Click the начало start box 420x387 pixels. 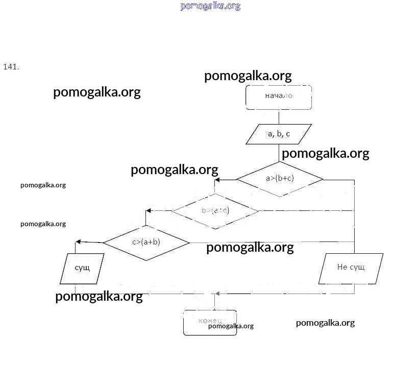click(279, 97)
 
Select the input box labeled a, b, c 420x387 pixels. click(279, 134)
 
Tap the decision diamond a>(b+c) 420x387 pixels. click(280, 179)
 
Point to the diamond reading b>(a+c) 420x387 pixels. click(215, 210)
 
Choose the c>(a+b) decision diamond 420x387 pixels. click(146, 242)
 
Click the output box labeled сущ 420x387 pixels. click(82, 269)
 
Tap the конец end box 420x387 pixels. click(210, 322)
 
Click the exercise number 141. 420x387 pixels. click(11, 67)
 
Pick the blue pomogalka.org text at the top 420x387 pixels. click(210, 6)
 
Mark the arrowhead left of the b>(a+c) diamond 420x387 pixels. click(149, 210)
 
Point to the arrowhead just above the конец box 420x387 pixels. click(217, 294)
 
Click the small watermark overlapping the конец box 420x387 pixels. click(231, 326)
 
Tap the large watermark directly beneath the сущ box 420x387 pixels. click(98, 297)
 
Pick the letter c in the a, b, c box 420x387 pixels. click(288, 134)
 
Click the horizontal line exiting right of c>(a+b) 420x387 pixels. click(270, 242)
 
